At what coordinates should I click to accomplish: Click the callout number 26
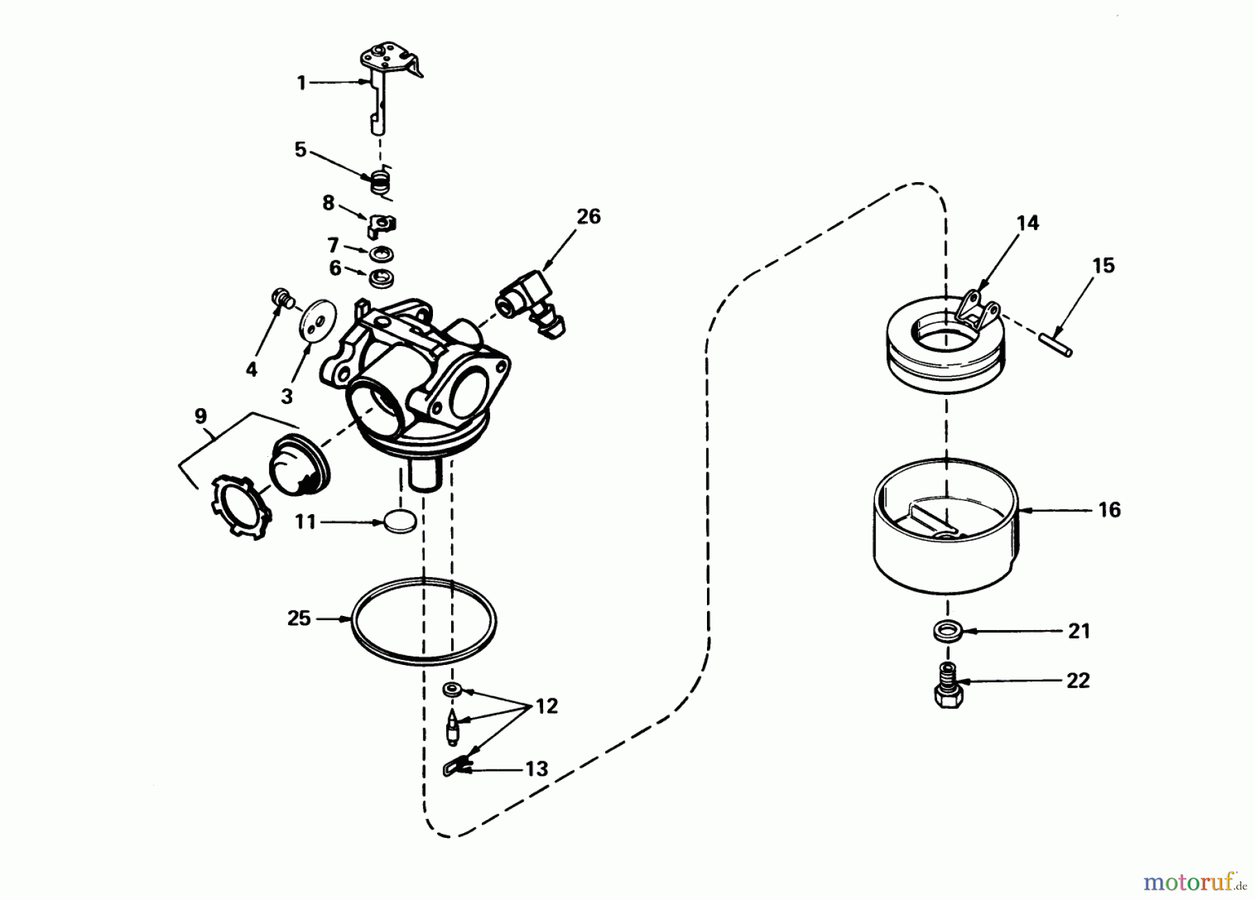pyautogui.click(x=588, y=217)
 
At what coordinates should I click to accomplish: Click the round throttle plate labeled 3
pyautogui.click(x=317, y=321)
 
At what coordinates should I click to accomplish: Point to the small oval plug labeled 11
pyautogui.click(x=401, y=521)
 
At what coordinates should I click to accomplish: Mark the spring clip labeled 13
pyautogui.click(x=455, y=768)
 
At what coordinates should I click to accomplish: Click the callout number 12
pyautogui.click(x=547, y=707)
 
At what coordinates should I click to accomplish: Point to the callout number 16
pyautogui.click(x=1109, y=510)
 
